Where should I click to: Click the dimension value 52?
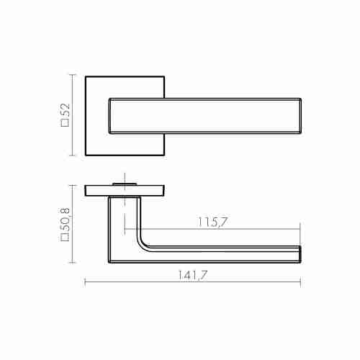tap(65, 110)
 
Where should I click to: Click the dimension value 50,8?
tap(65, 220)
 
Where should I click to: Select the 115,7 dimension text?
tap(212, 222)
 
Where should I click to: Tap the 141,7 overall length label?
tap(192, 275)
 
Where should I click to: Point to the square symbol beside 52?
tap(65, 122)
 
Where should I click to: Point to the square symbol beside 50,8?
tap(65, 237)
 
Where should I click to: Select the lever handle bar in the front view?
tap(205, 116)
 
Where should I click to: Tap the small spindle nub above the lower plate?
tap(125, 184)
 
